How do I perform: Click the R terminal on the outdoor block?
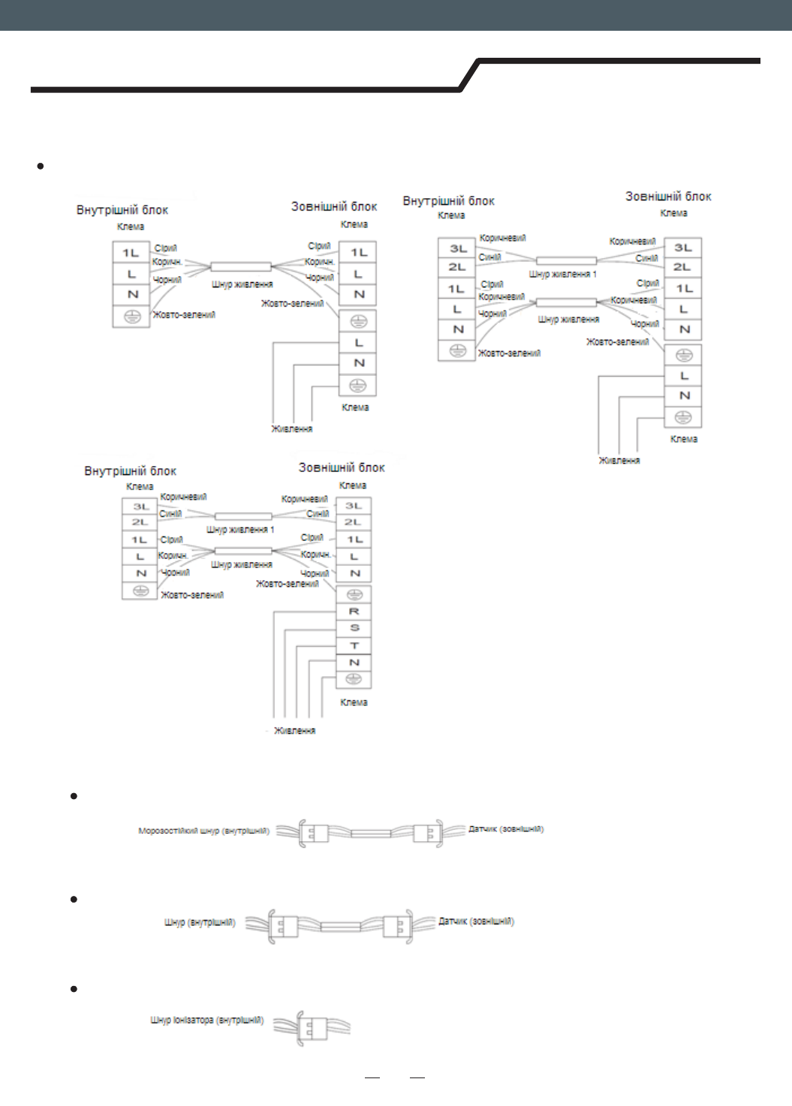[354, 612]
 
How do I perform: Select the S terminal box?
[354, 628]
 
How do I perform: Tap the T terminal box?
[354, 645]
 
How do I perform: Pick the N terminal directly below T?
[354, 663]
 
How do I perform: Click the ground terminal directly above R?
[354, 594]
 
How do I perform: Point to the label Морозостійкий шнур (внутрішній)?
[203, 831]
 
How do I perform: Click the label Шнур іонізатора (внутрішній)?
[206, 1020]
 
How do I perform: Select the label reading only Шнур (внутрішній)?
[200, 922]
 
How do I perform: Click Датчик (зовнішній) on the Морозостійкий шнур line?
[506, 829]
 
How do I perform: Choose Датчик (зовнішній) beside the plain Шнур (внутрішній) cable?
[476, 921]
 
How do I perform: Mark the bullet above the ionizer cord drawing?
[74, 989]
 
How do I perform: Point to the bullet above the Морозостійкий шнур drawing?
[74, 796]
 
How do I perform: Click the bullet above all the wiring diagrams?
[41, 166]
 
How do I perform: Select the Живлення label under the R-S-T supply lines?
[294, 731]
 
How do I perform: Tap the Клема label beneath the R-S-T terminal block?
[354, 702]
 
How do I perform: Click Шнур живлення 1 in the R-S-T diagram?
[240, 530]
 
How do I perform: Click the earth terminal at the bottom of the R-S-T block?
[354, 680]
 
